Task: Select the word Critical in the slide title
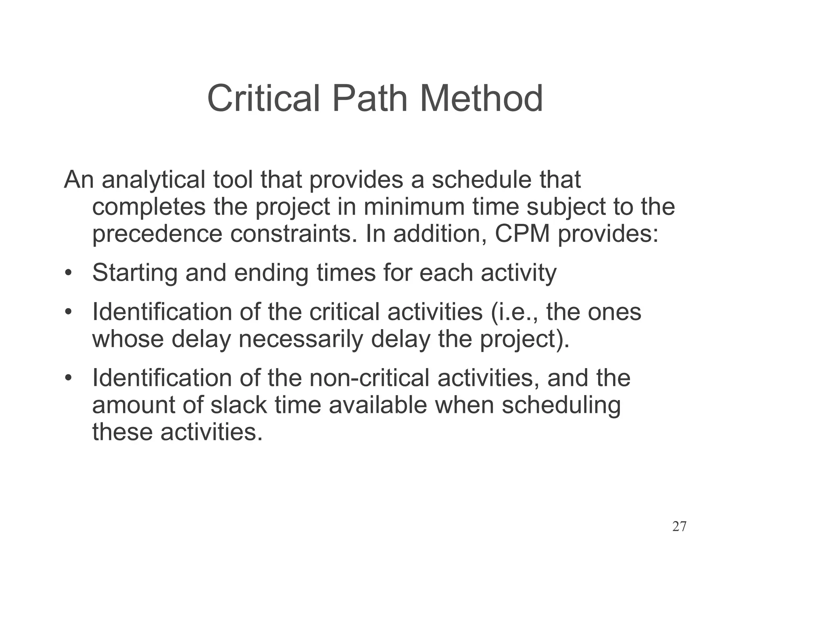coord(263,99)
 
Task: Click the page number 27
coord(679,527)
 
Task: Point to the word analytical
coord(153,180)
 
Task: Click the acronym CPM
coord(522,234)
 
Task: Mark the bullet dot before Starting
coord(68,273)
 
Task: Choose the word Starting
coord(135,273)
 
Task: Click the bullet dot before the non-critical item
coord(68,379)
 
